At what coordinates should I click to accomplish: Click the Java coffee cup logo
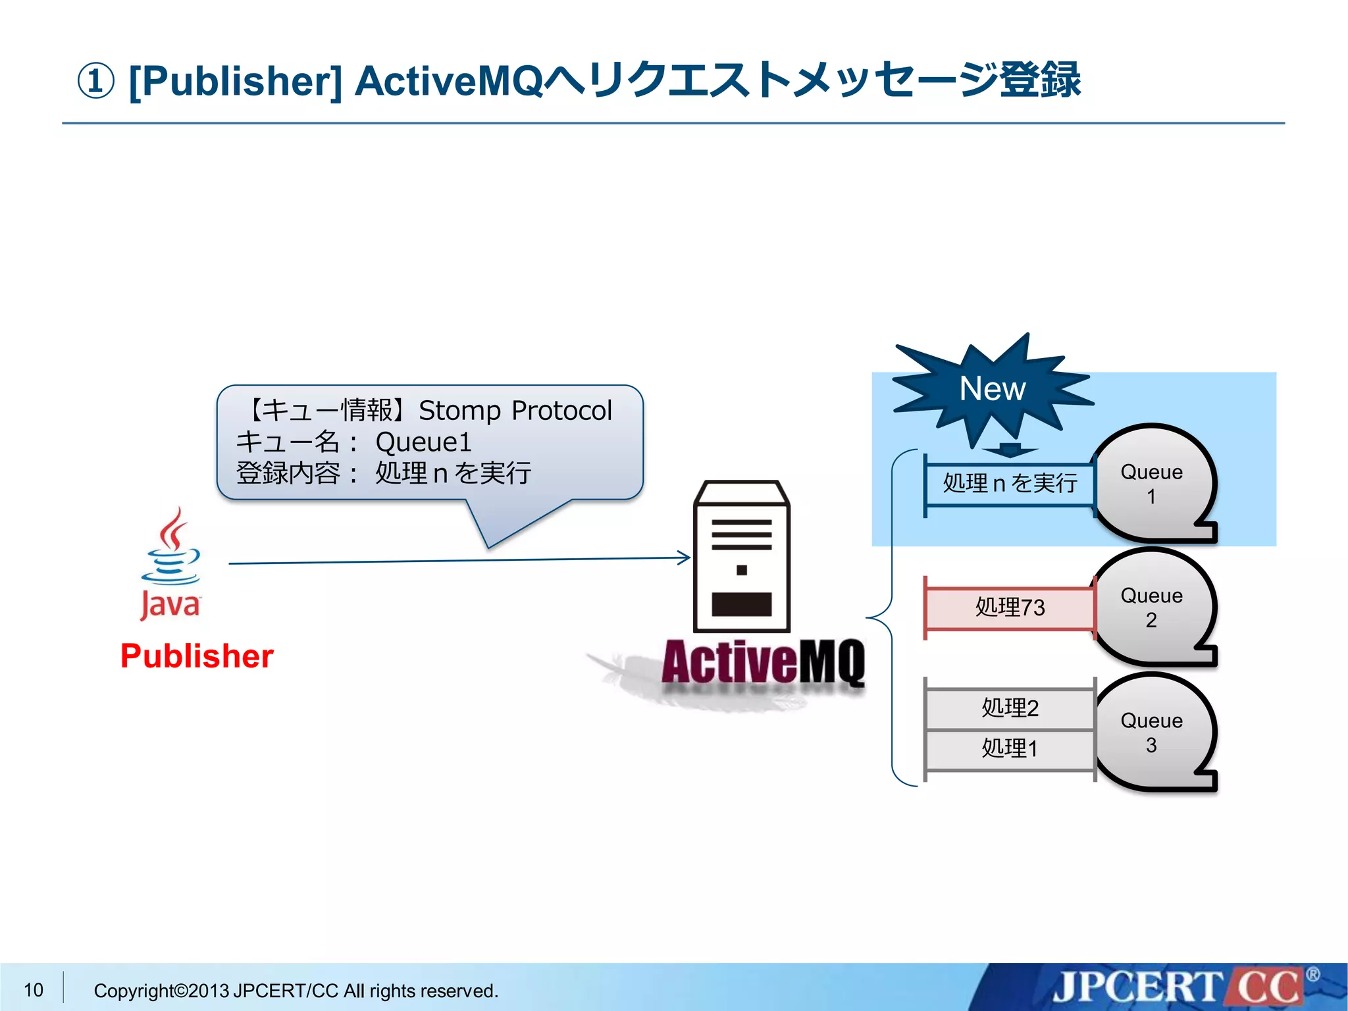coord(170,563)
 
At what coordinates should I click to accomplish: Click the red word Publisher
coord(197,656)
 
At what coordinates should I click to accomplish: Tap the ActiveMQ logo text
coord(763,662)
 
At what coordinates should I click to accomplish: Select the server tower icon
coord(742,557)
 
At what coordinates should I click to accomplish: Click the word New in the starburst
coord(992,388)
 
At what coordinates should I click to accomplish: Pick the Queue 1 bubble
coord(1151,484)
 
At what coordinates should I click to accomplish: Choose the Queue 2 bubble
coord(1151,608)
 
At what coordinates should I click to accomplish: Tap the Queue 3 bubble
coord(1151,733)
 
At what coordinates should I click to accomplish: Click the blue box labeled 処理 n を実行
coord(1010,484)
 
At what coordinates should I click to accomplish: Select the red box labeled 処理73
coord(1010,607)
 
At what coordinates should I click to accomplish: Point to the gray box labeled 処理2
coord(1010,708)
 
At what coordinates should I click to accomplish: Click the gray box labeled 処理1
coord(1010,749)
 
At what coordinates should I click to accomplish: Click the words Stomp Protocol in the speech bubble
coord(515,411)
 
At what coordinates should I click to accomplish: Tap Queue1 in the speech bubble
coord(424,442)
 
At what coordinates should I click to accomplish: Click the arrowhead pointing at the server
coord(685,558)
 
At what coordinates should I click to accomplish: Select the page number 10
coord(34,990)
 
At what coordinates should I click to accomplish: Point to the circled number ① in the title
coord(96,81)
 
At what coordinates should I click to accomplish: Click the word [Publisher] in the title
coord(236,81)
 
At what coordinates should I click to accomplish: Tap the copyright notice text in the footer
coord(296,991)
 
